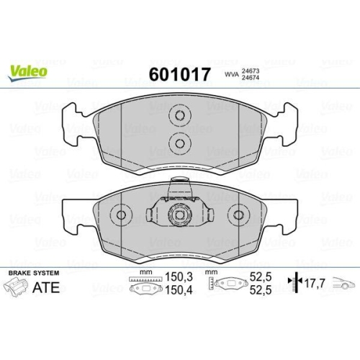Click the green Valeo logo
[29, 71]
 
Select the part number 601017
[179, 74]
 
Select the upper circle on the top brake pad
[179, 116]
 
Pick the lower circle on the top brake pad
[179, 142]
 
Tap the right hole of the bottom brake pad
[238, 215]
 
